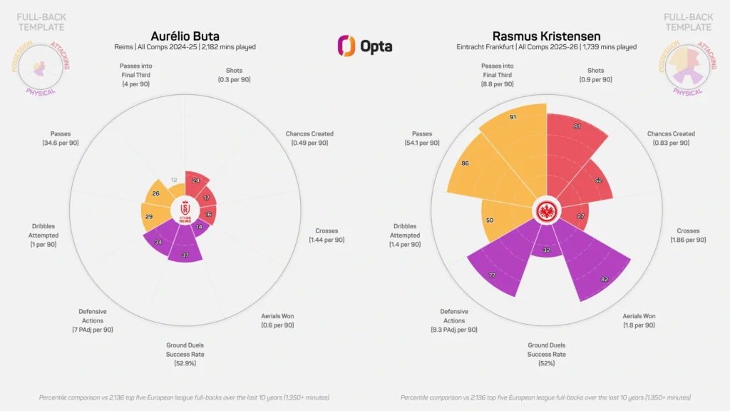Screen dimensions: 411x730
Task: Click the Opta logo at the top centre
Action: (x=364, y=46)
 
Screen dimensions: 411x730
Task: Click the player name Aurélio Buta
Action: (x=185, y=36)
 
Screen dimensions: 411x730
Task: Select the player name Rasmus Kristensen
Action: (x=546, y=36)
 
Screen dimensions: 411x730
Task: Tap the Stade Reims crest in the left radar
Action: (x=185, y=210)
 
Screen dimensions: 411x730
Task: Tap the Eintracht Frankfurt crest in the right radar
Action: (x=546, y=210)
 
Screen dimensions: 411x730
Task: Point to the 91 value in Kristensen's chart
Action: (x=513, y=117)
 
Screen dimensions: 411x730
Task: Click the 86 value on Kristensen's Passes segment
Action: (x=466, y=163)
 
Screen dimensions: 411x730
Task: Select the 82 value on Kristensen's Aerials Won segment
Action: (x=605, y=279)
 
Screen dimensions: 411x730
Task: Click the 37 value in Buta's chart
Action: (x=185, y=255)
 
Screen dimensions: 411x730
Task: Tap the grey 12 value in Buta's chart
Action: (x=174, y=181)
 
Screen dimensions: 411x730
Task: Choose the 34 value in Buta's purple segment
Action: (x=158, y=242)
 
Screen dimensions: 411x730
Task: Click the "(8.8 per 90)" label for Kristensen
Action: (x=497, y=84)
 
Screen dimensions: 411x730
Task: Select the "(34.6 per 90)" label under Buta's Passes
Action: (x=61, y=143)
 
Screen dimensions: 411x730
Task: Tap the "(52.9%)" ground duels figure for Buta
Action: (x=185, y=363)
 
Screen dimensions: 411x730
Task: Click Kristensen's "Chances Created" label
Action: (x=671, y=133)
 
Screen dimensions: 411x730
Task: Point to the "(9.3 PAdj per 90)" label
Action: (x=454, y=330)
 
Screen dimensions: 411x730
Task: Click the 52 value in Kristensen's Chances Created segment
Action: (x=597, y=181)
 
